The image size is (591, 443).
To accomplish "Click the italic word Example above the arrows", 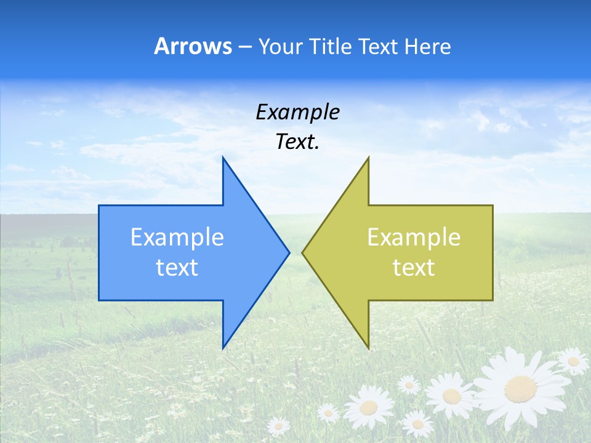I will point(297,113).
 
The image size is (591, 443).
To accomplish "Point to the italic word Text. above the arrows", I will point(297,142).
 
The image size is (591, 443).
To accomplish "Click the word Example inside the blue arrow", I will point(177,237).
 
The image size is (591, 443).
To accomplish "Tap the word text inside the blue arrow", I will point(177,268).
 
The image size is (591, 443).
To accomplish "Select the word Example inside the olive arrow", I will point(414,237).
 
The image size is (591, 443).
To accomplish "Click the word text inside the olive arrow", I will point(414,268).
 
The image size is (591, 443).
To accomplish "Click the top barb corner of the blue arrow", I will point(223,158).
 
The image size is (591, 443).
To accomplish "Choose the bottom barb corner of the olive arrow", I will point(368,348).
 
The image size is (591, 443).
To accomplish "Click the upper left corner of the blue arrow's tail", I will point(100,206).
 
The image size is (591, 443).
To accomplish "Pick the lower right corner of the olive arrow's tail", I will point(492,300).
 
